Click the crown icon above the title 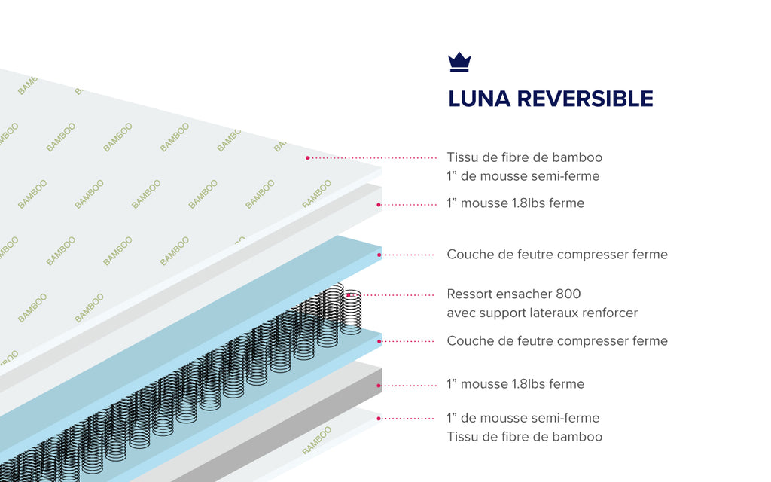pyautogui.click(x=459, y=63)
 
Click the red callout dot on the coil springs pyautogui.click(x=348, y=295)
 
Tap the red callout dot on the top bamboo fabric pyautogui.click(x=308, y=158)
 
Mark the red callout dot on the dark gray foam pyautogui.click(x=379, y=385)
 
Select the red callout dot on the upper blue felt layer pyautogui.click(x=379, y=255)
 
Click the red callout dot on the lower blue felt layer pyautogui.click(x=379, y=341)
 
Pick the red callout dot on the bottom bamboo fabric pyautogui.click(x=379, y=418)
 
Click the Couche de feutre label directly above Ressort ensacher pyautogui.click(x=557, y=255)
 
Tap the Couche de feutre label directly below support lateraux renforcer pyautogui.click(x=557, y=341)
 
